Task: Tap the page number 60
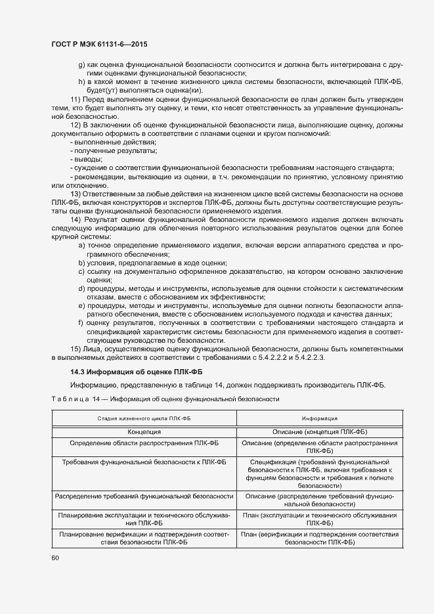55,558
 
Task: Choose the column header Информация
320,418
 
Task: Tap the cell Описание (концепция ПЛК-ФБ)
320,432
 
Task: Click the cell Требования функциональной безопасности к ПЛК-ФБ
144,462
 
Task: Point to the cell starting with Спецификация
320,474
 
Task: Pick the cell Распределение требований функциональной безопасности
144,496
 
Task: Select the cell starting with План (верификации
320,538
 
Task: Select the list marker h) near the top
81,81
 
